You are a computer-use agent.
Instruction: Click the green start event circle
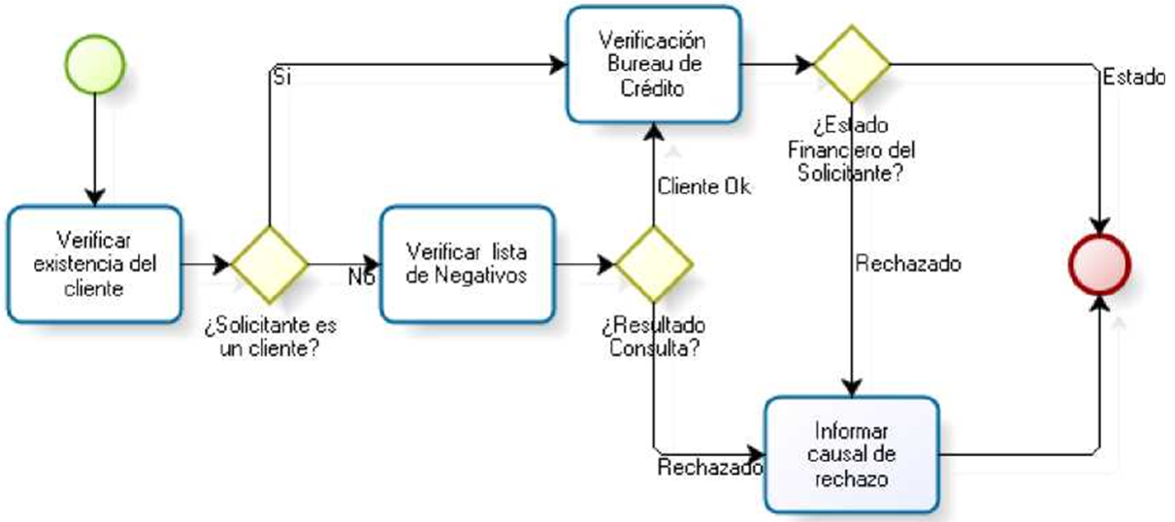(x=95, y=63)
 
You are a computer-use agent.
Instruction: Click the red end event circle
(x=1100, y=262)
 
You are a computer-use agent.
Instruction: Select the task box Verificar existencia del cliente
(x=95, y=264)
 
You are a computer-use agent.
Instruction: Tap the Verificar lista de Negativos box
(x=467, y=263)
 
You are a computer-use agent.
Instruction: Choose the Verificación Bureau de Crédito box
(x=652, y=64)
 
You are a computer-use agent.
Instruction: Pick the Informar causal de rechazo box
(x=851, y=453)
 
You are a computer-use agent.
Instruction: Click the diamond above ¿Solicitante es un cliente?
(x=270, y=263)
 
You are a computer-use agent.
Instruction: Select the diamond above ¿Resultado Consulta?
(x=655, y=263)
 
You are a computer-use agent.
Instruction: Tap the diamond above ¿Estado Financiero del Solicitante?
(x=851, y=64)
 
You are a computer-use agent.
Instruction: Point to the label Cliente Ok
(x=703, y=187)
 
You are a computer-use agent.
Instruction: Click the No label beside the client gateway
(x=361, y=277)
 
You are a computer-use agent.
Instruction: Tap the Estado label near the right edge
(x=1133, y=79)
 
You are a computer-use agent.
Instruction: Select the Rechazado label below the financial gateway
(x=908, y=263)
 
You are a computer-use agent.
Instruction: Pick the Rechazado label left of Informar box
(x=709, y=468)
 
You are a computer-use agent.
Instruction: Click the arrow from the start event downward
(x=95, y=146)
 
